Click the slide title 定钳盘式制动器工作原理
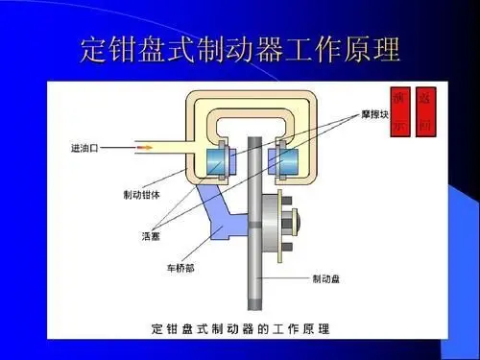(239, 51)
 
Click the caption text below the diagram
(240, 328)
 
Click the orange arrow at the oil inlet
(145, 148)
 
